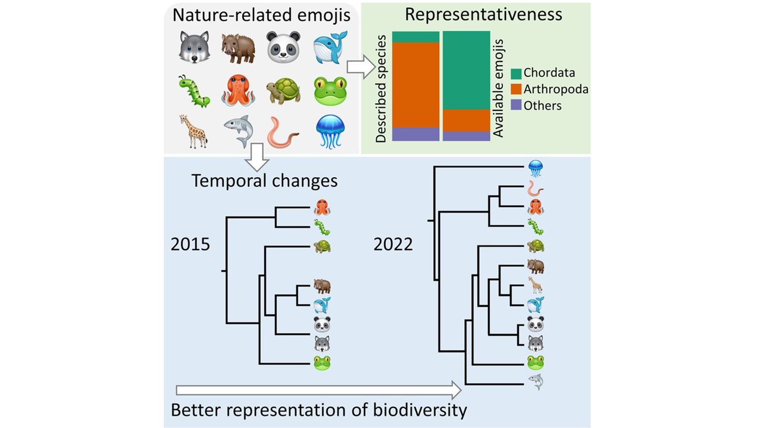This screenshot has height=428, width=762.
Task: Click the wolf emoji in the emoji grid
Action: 194,47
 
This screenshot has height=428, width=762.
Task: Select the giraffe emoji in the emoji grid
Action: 194,131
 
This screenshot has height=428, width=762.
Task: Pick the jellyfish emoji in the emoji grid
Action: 330,132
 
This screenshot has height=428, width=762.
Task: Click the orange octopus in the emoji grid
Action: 238,90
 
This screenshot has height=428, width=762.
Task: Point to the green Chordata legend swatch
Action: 516,73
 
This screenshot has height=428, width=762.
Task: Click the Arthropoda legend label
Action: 556,89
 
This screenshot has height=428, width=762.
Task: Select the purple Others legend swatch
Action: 516,105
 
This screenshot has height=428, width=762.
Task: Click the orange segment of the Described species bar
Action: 415,85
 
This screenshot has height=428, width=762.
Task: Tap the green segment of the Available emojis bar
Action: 466,70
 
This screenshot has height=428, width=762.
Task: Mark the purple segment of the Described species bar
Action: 415,134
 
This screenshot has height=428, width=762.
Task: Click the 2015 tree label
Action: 190,244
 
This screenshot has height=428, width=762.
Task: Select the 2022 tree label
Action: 393,244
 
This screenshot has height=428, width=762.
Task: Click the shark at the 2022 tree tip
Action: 536,382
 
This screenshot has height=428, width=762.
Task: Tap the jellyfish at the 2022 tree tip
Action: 536,169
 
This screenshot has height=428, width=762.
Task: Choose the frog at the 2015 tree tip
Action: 322,363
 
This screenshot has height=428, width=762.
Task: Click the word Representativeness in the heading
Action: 483,15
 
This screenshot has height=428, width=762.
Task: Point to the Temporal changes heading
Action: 265,181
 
